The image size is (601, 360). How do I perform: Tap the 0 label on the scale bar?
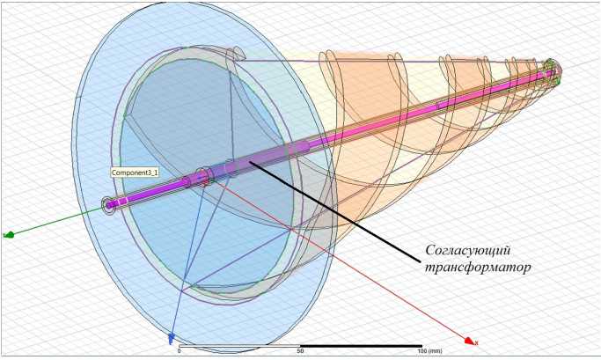point(179,350)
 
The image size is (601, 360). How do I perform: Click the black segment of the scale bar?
point(361,345)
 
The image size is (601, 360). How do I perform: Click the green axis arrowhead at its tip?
point(8,235)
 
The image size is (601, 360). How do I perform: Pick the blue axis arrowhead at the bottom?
point(172,340)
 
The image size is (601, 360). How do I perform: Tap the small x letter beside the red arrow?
point(476,341)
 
